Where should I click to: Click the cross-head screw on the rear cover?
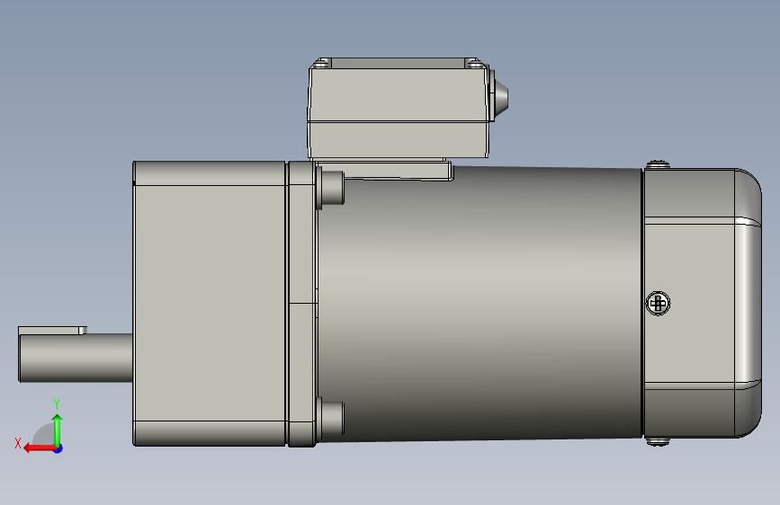(658, 303)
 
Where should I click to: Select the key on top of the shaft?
(52, 331)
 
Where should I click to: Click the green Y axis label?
(57, 403)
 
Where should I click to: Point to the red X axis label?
(18, 443)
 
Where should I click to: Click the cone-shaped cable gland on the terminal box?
(499, 95)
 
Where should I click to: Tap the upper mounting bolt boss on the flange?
(330, 188)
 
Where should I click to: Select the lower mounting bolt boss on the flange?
(330, 419)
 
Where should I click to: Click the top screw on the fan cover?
(658, 164)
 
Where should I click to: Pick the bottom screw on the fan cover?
(658, 441)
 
